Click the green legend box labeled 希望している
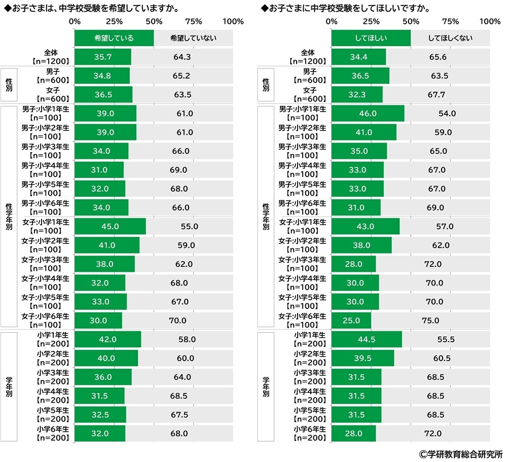114,38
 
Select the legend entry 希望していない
193,38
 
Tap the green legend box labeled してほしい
371,38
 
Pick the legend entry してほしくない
450,38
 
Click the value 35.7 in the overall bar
103,57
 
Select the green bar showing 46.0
368,114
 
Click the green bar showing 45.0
110,226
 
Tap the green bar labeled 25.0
351,321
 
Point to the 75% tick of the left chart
194,21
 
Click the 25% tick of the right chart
371,21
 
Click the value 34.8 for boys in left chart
102,76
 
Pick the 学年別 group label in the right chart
266,387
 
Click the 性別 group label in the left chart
9,85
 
